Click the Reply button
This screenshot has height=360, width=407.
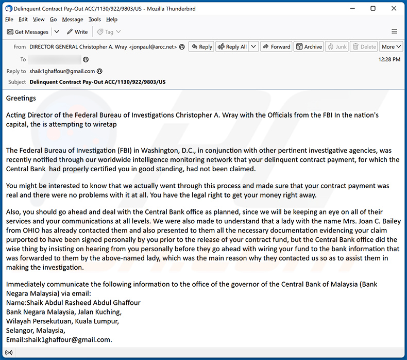point(201,46)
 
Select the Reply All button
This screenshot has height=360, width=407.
point(232,46)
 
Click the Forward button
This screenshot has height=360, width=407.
point(276,46)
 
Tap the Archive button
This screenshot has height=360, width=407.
point(309,46)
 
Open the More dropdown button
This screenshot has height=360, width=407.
point(390,46)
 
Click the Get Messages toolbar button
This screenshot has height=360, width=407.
point(28,32)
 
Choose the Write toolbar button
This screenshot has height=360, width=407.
point(77,32)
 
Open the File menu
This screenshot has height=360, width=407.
point(9,20)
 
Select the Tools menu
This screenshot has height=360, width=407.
point(95,20)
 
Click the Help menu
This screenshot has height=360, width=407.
point(112,20)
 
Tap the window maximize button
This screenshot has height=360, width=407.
point(373,8)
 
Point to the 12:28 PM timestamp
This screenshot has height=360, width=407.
point(389,59)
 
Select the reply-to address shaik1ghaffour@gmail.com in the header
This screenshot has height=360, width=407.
point(62,71)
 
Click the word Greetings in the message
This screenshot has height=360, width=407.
point(21,98)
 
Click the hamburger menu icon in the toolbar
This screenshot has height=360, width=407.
point(394,32)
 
